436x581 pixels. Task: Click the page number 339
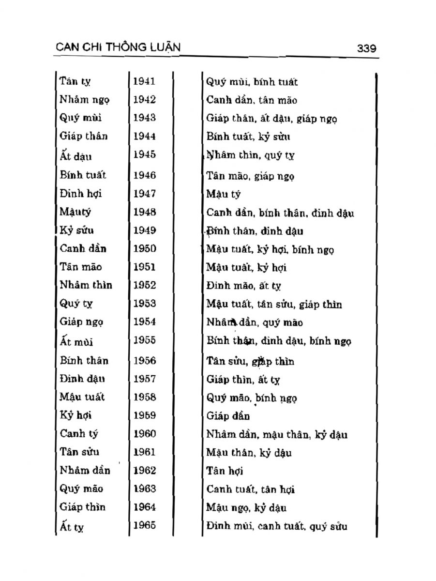coord(366,48)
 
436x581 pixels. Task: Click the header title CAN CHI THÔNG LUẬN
coord(118,47)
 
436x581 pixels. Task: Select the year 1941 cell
coord(144,81)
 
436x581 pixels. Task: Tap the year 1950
coord(144,249)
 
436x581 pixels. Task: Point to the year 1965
coord(144,525)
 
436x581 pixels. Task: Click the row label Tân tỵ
coord(75,82)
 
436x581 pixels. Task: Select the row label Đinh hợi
coord(81,194)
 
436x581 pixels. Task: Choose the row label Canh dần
coord(83,249)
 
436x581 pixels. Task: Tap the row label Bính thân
coord(84,361)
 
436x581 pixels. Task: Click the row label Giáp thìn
coord(82,507)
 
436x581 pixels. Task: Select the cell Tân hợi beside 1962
coord(225,471)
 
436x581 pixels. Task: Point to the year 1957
coord(144,379)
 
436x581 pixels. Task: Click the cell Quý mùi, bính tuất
coord(252,82)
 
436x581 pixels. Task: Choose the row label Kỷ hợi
coord(76,415)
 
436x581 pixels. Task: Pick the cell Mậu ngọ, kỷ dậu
coord(246,507)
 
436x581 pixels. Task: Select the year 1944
coord(144,136)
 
